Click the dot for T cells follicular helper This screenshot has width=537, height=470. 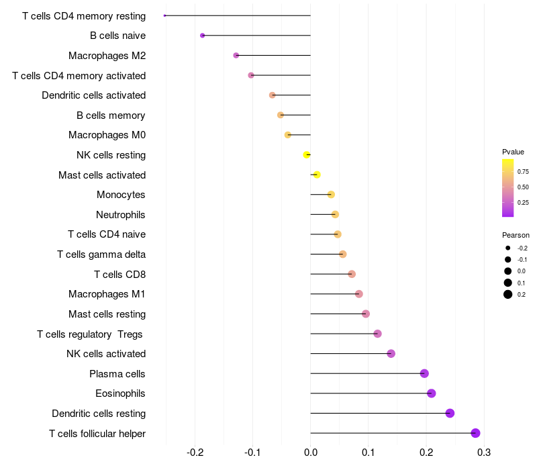click(x=475, y=433)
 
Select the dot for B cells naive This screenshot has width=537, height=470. click(x=203, y=36)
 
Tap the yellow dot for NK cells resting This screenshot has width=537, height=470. click(x=307, y=155)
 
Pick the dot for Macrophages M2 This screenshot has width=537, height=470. click(x=236, y=55)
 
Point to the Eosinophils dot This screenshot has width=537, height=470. click(x=431, y=393)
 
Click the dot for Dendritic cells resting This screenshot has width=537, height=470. click(x=450, y=413)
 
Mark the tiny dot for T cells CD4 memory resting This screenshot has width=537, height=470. click(x=164, y=15)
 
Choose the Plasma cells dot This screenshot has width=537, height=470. click(x=424, y=373)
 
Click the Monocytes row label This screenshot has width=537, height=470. click(x=121, y=195)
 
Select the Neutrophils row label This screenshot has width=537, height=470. click(x=121, y=215)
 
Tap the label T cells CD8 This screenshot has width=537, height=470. click(x=120, y=275)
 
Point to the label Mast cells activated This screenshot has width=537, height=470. click(x=102, y=175)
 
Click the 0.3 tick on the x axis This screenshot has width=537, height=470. click(x=483, y=453)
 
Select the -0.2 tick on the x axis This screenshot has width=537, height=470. click(x=195, y=453)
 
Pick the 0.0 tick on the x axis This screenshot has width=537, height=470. click(x=311, y=453)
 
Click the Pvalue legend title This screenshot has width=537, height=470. click(x=513, y=152)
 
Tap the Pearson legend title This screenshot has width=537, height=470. click(x=516, y=235)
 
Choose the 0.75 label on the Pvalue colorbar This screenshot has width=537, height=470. click(x=523, y=171)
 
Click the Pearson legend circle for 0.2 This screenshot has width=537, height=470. click(x=507, y=294)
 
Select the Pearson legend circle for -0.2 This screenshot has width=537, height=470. click(x=507, y=248)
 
